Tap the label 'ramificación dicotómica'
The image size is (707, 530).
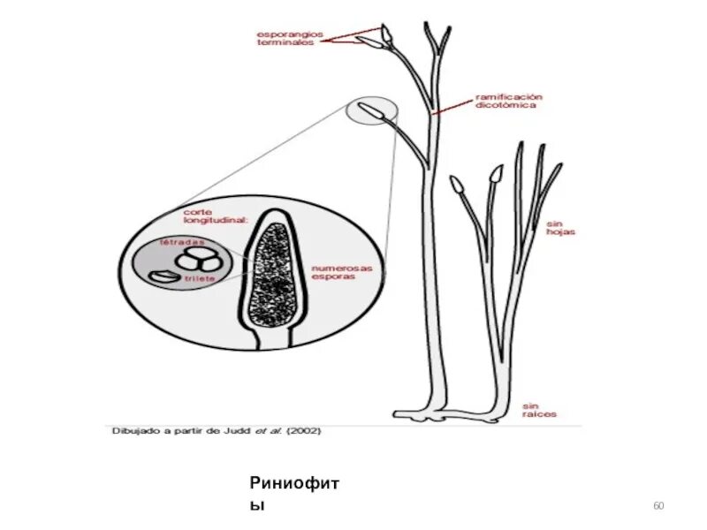pyautogui.click(x=508, y=100)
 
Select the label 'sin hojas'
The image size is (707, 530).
pyautogui.click(x=560, y=227)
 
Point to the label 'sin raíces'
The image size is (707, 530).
pyautogui.click(x=539, y=410)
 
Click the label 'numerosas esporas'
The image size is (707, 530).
pyautogui.click(x=341, y=271)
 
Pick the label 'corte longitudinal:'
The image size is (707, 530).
pyautogui.click(x=215, y=217)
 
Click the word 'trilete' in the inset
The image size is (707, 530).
pyautogui.click(x=200, y=279)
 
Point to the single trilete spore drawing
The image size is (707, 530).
pyautogui.click(x=162, y=276)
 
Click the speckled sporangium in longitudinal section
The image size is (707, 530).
pyautogui.click(x=270, y=274)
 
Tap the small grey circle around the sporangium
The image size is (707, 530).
pyautogui.click(x=371, y=112)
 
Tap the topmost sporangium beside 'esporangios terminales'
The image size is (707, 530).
pyautogui.click(x=388, y=36)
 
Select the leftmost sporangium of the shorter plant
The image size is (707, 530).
pyautogui.click(x=457, y=185)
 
